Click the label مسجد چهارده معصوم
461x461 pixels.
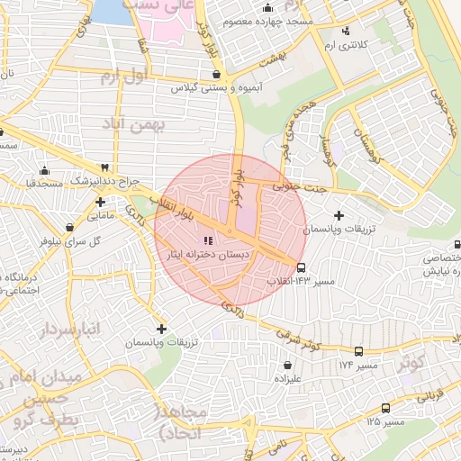click(x=276, y=20)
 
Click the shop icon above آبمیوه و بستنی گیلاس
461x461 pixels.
click(x=214, y=76)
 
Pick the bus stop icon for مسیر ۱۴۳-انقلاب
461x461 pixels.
click(x=301, y=267)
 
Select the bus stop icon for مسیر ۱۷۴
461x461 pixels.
click(x=358, y=352)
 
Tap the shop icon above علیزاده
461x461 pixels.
click(x=286, y=366)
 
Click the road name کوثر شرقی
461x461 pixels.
click(x=297, y=339)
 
